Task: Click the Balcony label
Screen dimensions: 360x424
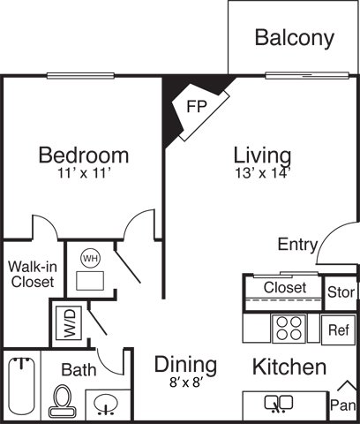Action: (295, 38)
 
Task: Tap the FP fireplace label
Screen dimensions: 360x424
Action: (197, 106)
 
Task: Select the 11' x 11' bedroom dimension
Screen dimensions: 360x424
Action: (84, 173)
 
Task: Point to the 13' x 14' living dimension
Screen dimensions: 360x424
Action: (263, 173)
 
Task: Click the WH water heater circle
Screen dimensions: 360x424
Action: (91, 258)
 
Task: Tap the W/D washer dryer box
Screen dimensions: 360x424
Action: (69, 323)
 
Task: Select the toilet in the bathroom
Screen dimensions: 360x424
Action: (63, 401)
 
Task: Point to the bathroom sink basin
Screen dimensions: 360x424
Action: (106, 404)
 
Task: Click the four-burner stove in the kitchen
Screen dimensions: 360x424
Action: (289, 329)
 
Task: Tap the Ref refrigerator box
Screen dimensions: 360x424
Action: (338, 330)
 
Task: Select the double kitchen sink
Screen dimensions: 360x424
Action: (279, 404)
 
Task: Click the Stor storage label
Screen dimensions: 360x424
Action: (341, 292)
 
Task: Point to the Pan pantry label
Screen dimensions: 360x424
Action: (343, 405)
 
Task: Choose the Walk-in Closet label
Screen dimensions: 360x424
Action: (33, 275)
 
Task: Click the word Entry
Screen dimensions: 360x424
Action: (298, 245)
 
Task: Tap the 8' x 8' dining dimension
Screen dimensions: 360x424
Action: (186, 382)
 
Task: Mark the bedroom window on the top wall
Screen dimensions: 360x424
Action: (80, 76)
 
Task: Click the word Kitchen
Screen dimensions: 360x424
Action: (289, 367)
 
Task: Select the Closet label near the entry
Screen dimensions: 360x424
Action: (285, 288)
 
